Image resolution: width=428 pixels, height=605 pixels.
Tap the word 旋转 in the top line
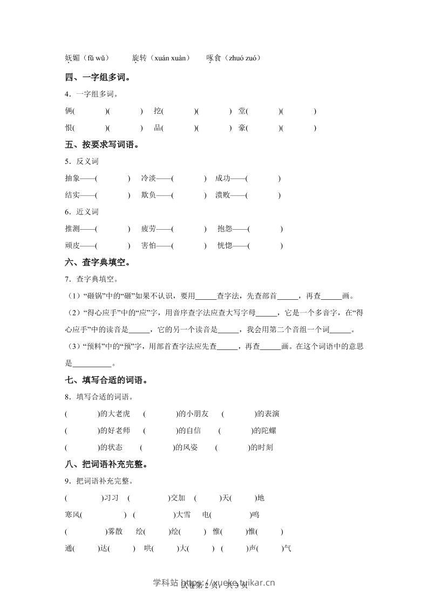click(x=139, y=58)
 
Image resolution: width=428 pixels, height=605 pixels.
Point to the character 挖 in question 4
click(x=157, y=111)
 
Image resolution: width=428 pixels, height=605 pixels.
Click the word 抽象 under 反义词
click(x=72, y=178)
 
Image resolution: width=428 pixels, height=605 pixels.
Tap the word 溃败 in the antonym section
click(x=222, y=195)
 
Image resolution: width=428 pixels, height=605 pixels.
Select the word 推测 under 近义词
click(x=72, y=229)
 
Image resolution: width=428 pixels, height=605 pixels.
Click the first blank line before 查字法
click(x=206, y=297)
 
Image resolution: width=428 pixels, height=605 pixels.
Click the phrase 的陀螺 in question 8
click(x=265, y=430)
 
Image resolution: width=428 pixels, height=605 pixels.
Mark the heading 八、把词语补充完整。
click(x=106, y=464)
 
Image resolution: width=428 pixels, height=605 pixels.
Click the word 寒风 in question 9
click(x=72, y=514)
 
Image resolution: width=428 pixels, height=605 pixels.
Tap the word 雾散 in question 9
click(x=115, y=531)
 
